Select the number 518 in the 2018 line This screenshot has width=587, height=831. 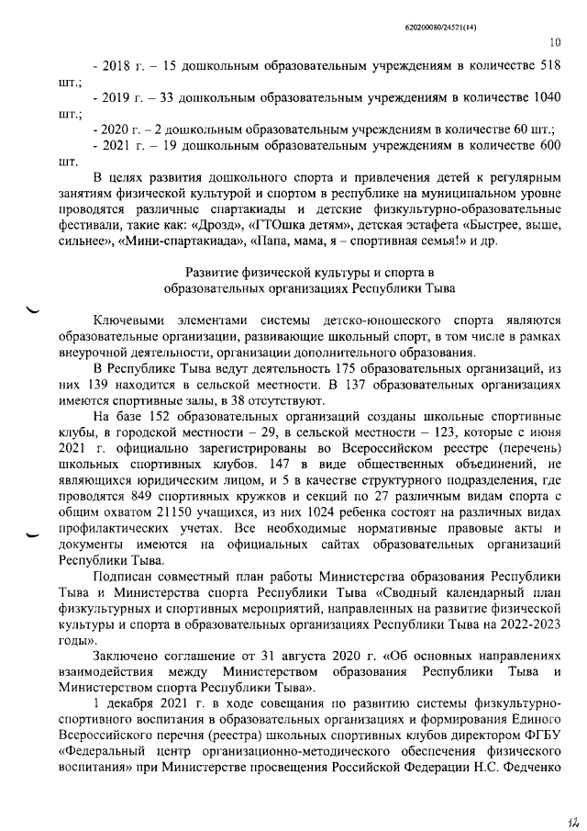coord(548,67)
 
